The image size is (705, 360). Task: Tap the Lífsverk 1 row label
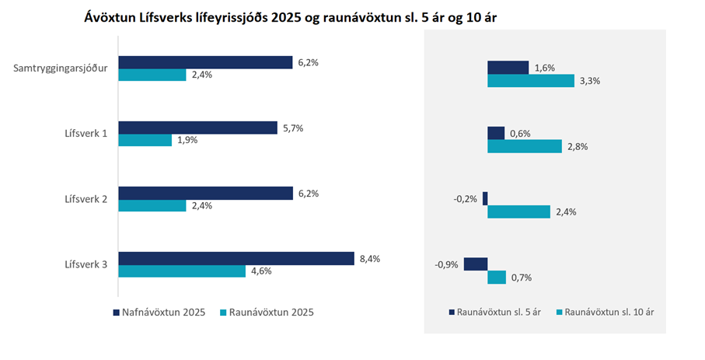click(x=86, y=134)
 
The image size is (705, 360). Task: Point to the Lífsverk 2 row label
click(x=86, y=199)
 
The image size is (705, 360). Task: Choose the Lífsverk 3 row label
click(x=86, y=264)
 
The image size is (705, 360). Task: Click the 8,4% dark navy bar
click(x=236, y=258)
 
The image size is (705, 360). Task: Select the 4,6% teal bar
click(x=182, y=271)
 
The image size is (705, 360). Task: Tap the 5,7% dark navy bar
click(x=197, y=128)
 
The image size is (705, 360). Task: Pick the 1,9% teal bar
click(x=145, y=141)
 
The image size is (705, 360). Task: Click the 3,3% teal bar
click(x=530, y=81)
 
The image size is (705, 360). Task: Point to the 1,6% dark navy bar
click(x=508, y=68)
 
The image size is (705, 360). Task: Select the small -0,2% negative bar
click(x=485, y=198)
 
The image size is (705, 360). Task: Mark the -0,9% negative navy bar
click(x=475, y=264)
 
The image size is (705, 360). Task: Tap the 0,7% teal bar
click(x=497, y=277)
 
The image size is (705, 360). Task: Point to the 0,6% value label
click(x=521, y=133)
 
